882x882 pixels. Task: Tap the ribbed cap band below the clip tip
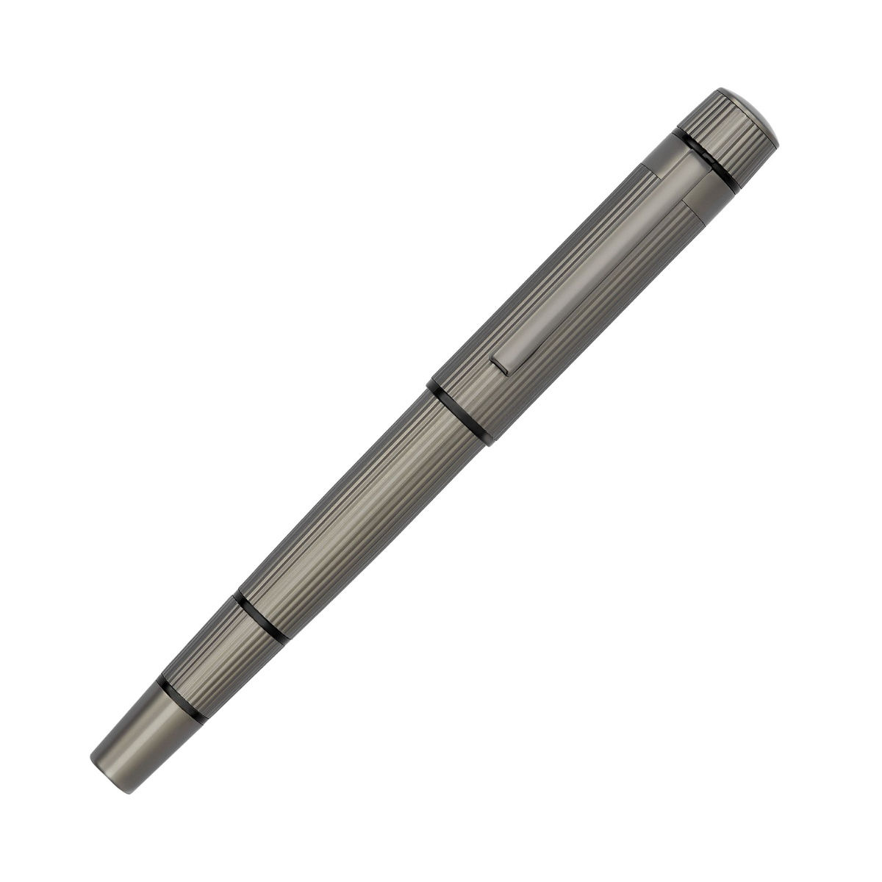click(x=470, y=397)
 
